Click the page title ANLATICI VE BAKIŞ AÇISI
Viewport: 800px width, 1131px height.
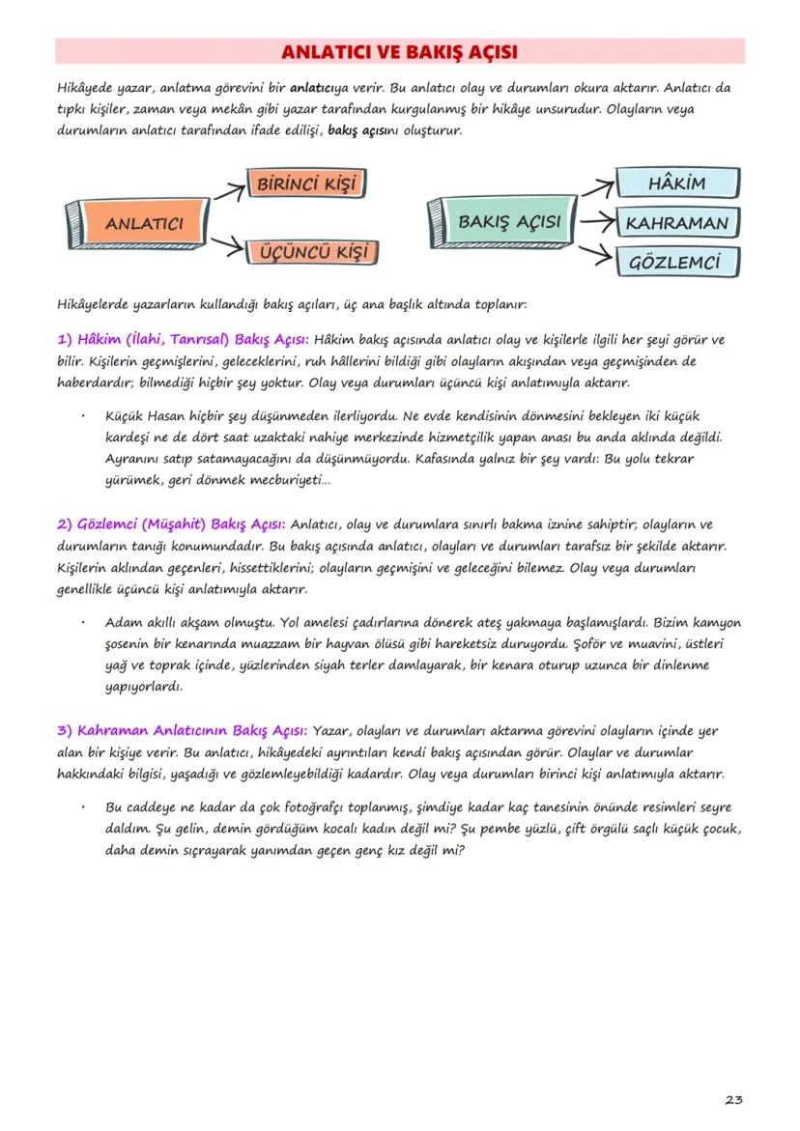399,51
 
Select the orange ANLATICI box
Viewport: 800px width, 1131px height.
143,223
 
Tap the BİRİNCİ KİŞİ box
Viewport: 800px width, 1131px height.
310,183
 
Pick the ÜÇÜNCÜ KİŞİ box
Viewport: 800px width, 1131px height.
312,254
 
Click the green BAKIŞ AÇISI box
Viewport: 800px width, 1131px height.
508,221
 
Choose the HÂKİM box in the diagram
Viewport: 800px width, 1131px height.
676,184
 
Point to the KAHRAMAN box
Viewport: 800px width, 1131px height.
676,223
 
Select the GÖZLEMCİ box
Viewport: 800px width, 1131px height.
676,262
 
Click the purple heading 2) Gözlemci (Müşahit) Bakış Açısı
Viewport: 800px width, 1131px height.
170,524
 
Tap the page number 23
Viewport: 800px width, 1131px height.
733,1100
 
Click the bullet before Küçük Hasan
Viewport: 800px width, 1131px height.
85,417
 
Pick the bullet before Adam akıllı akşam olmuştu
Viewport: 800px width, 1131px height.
85,622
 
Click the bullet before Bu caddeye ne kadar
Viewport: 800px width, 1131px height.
85,806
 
